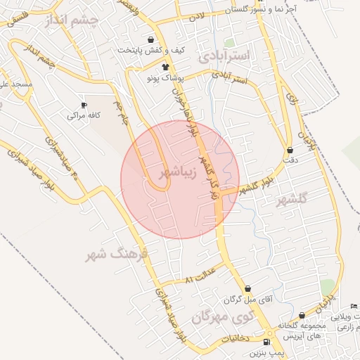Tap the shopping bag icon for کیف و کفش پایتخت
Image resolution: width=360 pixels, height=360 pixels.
click(x=150, y=39)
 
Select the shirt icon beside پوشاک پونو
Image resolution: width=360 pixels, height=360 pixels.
click(x=166, y=67)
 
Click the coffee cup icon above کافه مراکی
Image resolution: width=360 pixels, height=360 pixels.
click(x=84, y=104)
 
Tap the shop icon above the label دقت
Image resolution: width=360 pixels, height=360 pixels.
click(x=290, y=150)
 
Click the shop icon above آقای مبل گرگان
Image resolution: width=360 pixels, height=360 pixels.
click(x=247, y=288)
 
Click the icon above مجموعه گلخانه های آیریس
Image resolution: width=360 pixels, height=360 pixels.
click(x=302, y=316)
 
